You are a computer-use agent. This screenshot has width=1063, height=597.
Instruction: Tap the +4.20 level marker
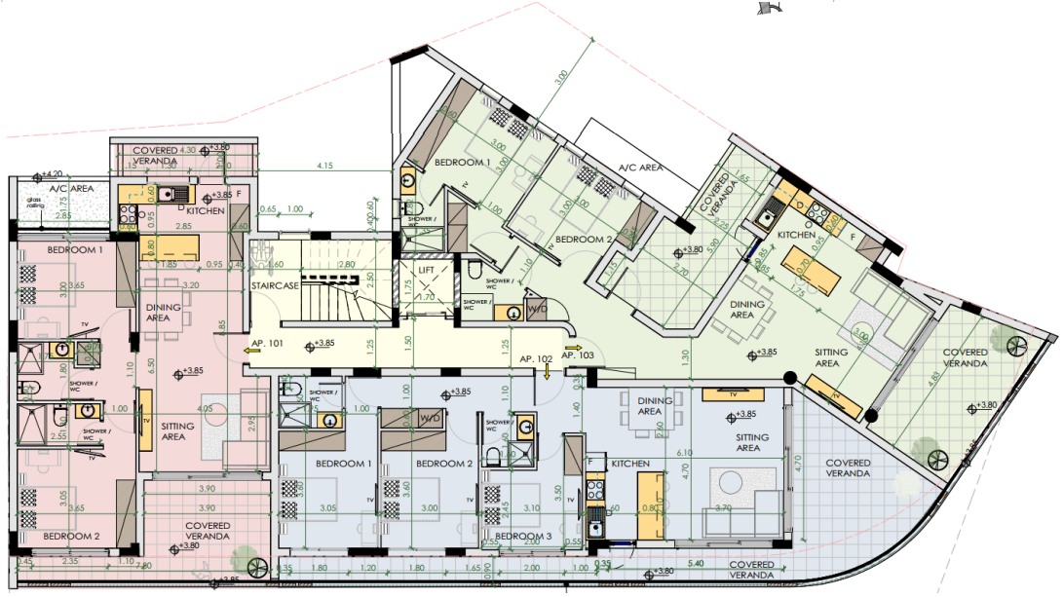pos(50,173)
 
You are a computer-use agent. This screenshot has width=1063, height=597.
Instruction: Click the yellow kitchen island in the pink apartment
pos(172,244)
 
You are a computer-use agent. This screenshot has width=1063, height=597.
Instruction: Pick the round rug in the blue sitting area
pos(728,483)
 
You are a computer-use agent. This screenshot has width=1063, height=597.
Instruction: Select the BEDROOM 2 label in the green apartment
pos(583,240)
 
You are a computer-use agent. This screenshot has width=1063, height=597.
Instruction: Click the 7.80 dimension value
pos(143,565)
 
